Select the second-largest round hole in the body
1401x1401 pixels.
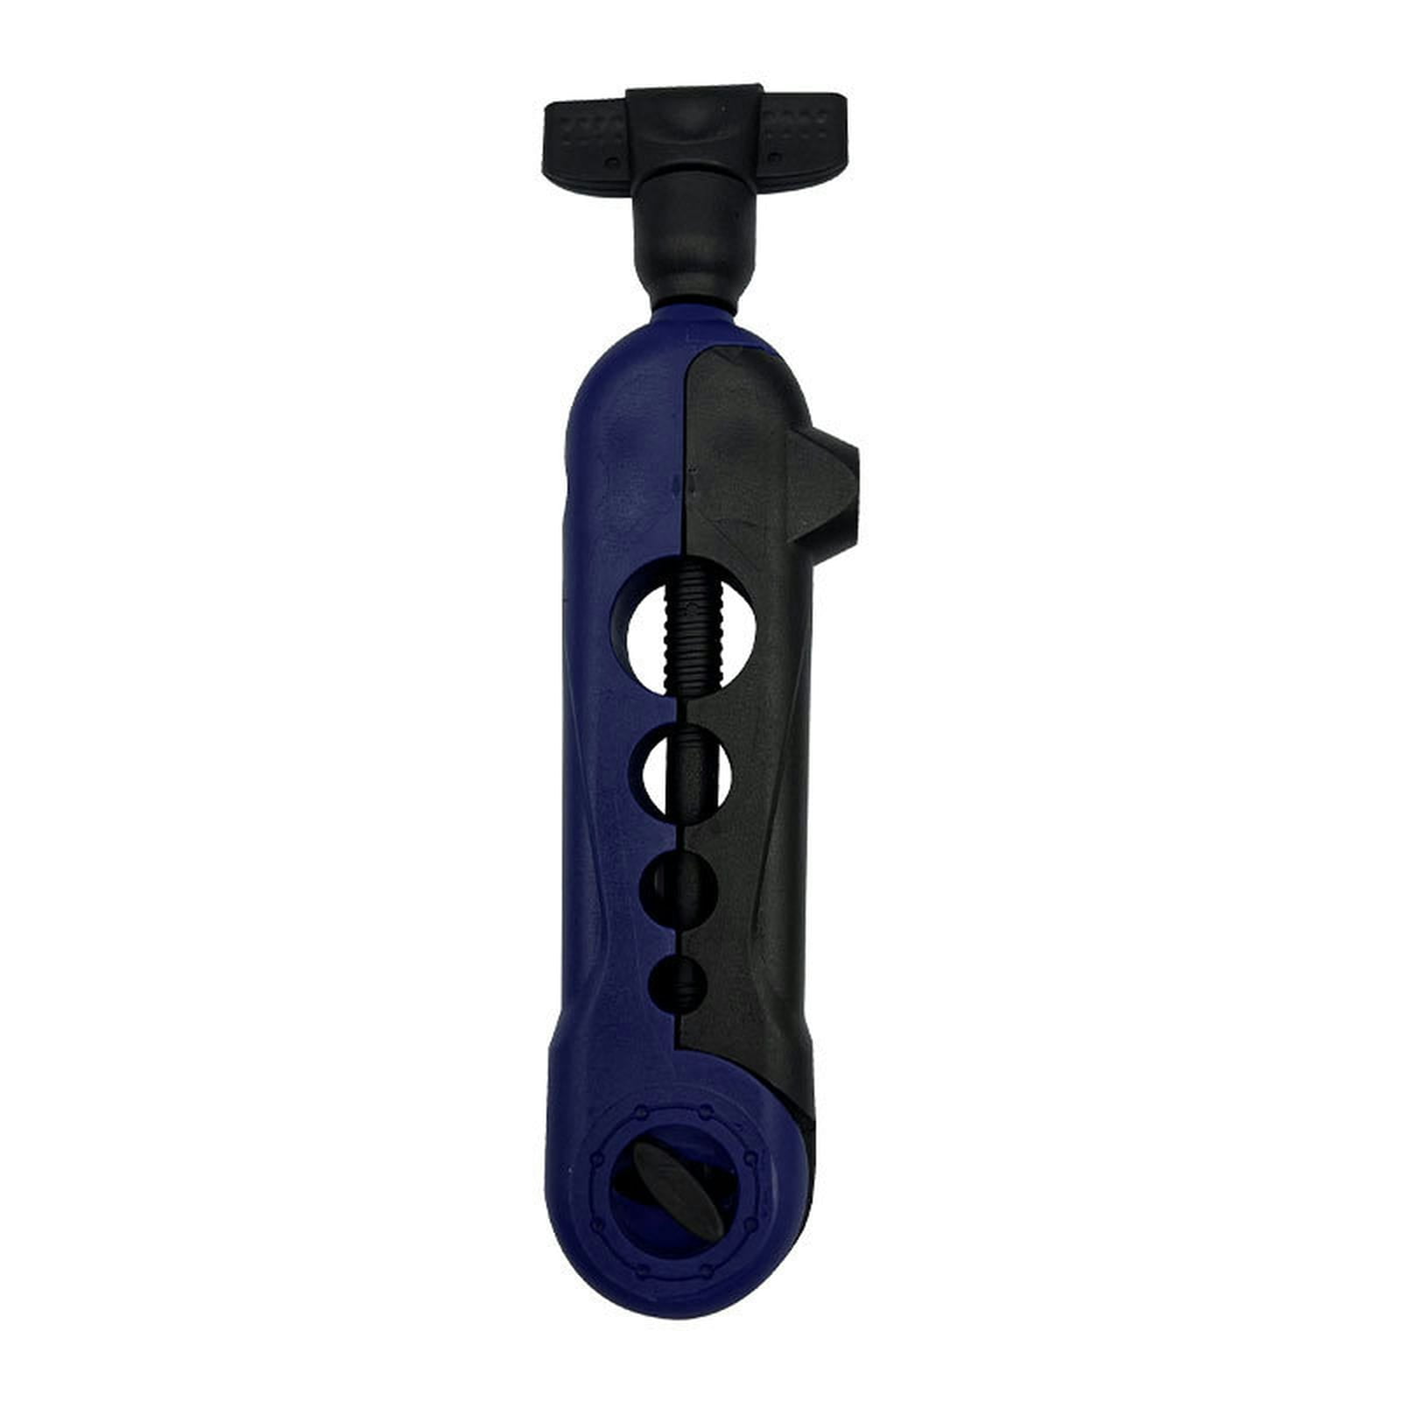687,769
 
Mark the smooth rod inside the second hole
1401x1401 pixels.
687,769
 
